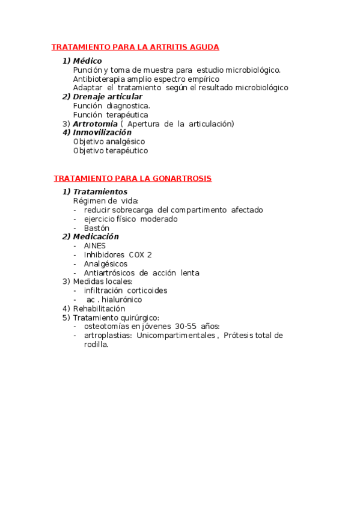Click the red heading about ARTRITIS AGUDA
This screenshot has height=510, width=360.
pos(135,47)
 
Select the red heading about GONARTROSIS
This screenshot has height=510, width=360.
pos(132,179)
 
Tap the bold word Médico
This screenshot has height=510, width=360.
pos(87,61)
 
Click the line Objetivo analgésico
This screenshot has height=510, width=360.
pos(109,142)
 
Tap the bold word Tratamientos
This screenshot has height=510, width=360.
pos(100,192)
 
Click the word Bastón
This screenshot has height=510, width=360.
pos(97,228)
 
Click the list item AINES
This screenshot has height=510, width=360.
pos(95,246)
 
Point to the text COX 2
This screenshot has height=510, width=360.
pos(140,255)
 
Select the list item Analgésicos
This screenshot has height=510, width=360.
pos(106,264)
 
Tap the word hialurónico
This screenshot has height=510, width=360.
pos(121,300)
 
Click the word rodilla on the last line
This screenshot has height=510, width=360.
pos(96,345)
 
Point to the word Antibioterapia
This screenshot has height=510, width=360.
pos(99,79)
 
